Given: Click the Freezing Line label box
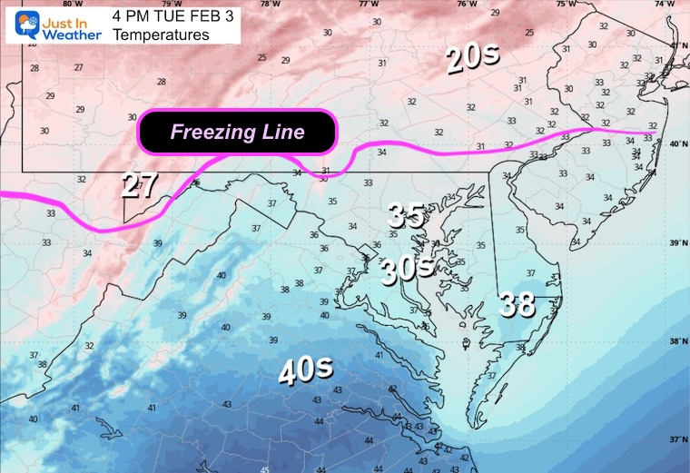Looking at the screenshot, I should pyautogui.click(x=237, y=134).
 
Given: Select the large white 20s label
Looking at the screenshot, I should pyautogui.click(x=473, y=60).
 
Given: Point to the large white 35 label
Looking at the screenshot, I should pyautogui.click(x=407, y=215).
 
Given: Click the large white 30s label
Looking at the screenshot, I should pyautogui.click(x=405, y=269).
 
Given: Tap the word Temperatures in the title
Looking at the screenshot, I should pyautogui.click(x=161, y=35).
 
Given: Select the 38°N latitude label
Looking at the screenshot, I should pyautogui.click(x=676, y=341).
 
